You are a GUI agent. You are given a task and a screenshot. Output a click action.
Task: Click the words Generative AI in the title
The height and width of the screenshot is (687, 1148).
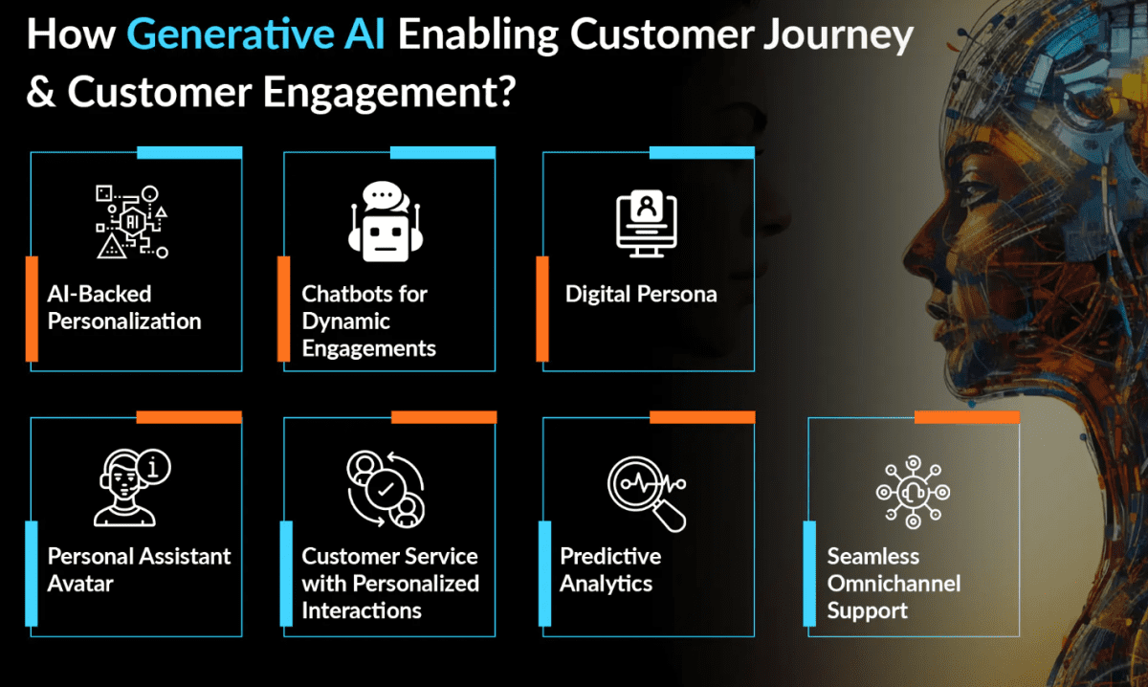(x=255, y=34)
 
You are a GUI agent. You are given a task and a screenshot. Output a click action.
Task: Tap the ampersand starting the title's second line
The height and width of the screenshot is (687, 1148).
(x=41, y=91)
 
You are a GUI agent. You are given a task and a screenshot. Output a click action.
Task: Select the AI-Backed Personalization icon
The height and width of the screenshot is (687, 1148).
(x=132, y=222)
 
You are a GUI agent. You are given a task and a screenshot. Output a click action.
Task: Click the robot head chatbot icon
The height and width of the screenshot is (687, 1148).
(x=386, y=221)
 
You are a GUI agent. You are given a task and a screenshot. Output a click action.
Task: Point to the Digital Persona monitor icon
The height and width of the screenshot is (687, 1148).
(x=647, y=224)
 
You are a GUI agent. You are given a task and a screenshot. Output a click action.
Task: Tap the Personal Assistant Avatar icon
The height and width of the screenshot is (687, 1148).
(x=132, y=488)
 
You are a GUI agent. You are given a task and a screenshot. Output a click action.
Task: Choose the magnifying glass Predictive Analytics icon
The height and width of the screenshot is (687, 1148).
(x=647, y=494)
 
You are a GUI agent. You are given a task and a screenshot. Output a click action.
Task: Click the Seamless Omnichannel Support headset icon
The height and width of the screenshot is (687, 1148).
(x=913, y=492)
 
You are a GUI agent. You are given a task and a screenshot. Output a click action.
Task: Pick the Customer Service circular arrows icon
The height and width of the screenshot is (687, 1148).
(x=386, y=490)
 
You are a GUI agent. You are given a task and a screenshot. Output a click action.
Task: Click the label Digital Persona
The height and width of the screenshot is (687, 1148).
(x=641, y=295)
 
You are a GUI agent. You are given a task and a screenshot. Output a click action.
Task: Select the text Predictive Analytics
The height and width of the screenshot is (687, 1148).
(x=610, y=570)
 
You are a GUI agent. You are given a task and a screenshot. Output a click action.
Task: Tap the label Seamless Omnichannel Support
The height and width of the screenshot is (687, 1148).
(x=894, y=584)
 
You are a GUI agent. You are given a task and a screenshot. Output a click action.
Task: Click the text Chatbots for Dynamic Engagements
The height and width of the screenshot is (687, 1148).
(x=368, y=321)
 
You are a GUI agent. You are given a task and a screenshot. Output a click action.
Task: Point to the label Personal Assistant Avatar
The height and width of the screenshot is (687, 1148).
(x=139, y=570)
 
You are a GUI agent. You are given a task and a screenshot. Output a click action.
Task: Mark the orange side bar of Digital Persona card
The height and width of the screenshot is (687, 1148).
(x=542, y=309)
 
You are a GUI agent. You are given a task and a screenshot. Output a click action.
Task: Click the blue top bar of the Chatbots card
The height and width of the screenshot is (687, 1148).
(x=443, y=153)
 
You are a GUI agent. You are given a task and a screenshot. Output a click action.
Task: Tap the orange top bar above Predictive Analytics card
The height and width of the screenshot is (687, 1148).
(x=702, y=417)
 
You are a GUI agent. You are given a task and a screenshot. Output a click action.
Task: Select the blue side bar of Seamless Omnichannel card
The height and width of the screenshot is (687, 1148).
(x=809, y=574)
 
